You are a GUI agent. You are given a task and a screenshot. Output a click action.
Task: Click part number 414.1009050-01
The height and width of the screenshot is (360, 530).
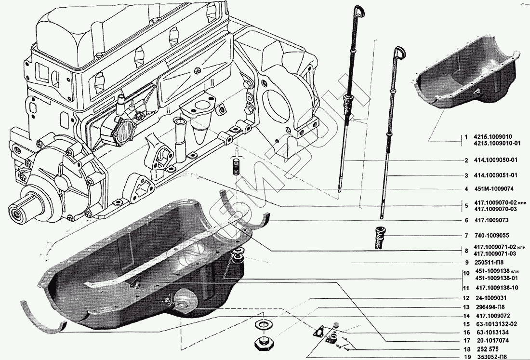tap(495, 160)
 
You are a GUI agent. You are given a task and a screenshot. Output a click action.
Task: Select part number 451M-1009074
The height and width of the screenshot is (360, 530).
tap(493, 189)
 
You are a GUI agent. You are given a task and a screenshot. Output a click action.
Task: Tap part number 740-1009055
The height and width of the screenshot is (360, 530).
tap(492, 236)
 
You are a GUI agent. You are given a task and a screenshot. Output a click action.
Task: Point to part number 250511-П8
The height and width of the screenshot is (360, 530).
tap(490, 263)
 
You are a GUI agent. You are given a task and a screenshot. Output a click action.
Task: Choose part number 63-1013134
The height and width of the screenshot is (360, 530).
tap(492, 333)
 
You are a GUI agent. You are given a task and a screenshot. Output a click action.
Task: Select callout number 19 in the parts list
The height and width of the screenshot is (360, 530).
tap(466, 357)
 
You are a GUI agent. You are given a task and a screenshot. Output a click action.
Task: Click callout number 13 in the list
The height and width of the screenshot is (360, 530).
tap(466, 307)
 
